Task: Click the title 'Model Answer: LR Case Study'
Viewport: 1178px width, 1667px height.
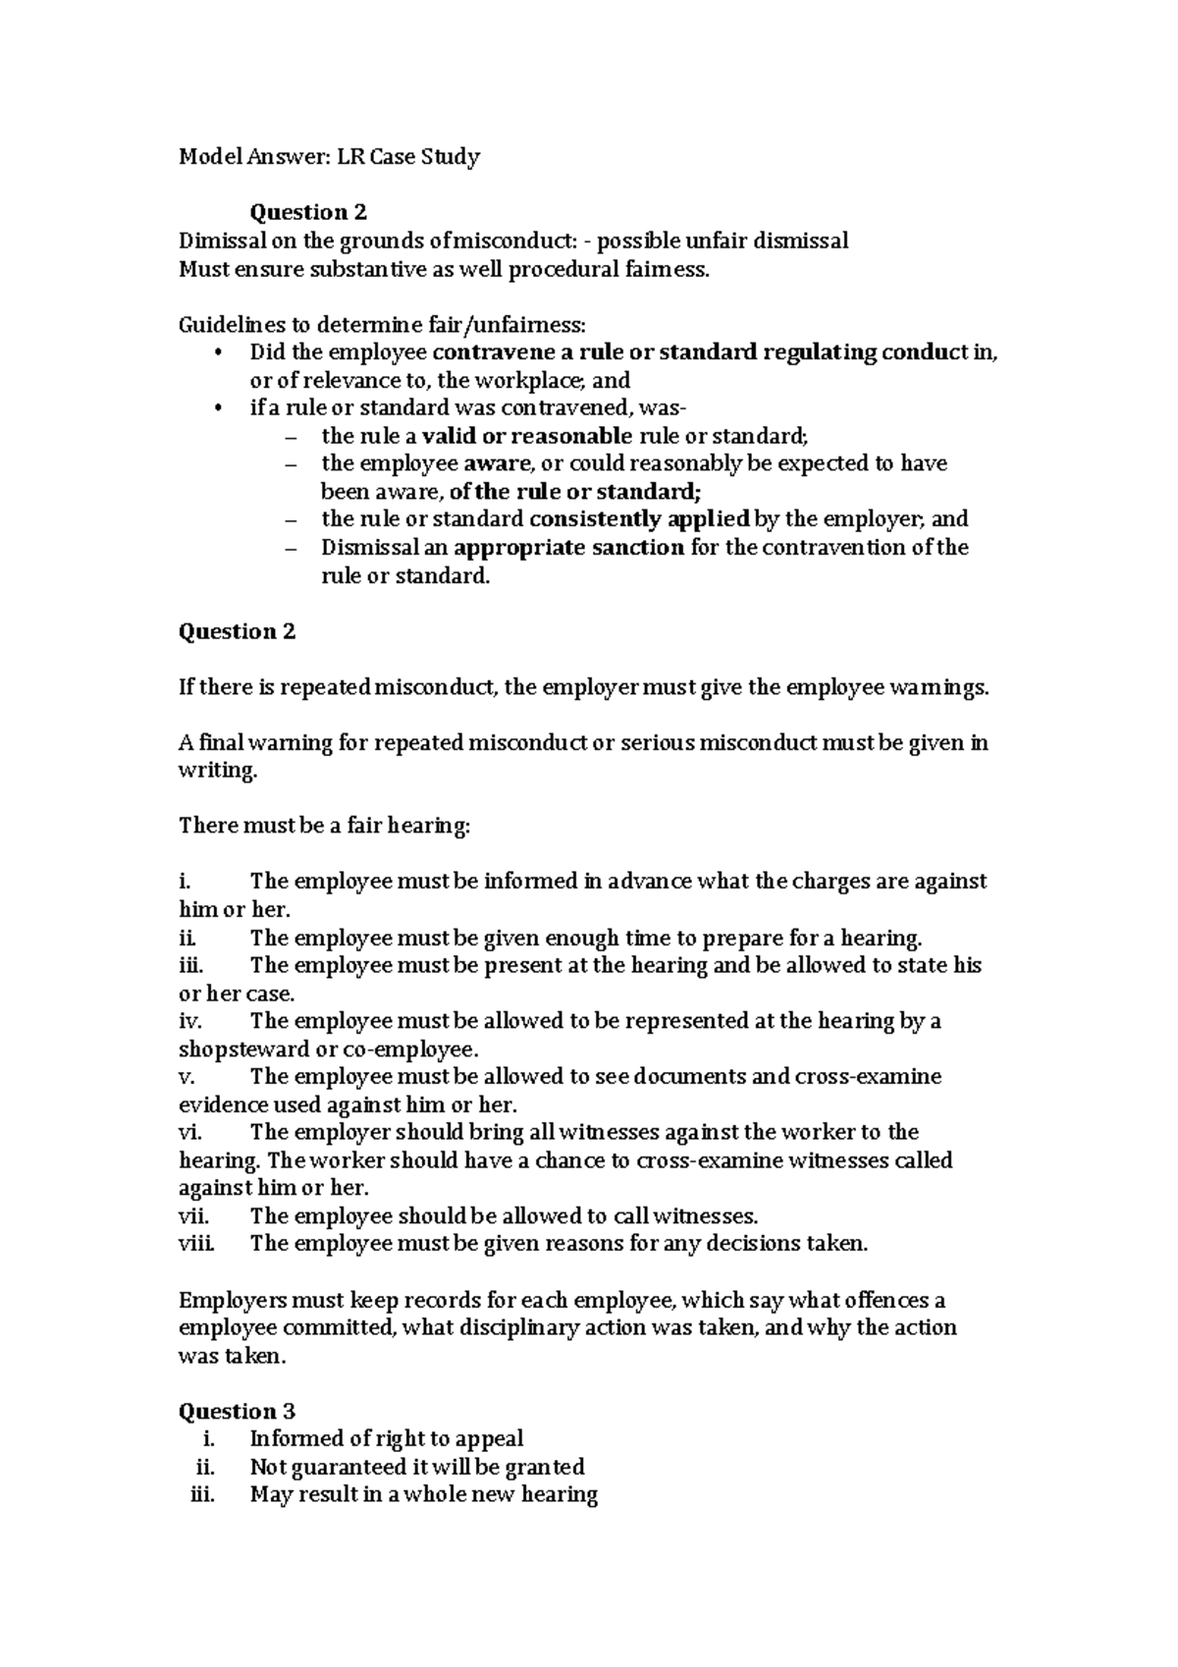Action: coord(329,157)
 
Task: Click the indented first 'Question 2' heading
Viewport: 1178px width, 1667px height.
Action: coord(308,212)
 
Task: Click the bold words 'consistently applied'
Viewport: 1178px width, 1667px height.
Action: coord(639,519)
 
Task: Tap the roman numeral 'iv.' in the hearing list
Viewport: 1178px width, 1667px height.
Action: coord(190,1021)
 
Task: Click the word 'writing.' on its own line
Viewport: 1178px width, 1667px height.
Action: coord(217,771)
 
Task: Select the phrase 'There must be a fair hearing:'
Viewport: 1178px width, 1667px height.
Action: coord(325,826)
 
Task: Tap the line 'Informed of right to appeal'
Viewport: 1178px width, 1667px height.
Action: coord(387,1438)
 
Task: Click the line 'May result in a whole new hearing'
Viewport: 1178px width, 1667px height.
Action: coord(424,1494)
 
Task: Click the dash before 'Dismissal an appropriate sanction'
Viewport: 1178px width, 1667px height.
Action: coord(289,548)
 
